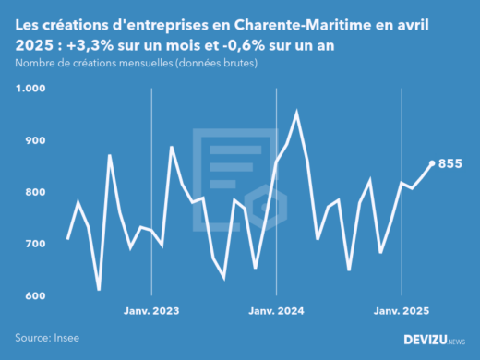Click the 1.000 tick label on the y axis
tap(30, 89)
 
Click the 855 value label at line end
tap(450, 164)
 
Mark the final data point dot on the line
tap(433, 163)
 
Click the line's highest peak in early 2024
tap(296, 112)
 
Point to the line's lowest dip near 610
tap(99, 290)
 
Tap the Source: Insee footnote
tap(44, 338)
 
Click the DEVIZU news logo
tap(435, 340)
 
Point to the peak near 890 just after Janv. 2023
tap(172, 147)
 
